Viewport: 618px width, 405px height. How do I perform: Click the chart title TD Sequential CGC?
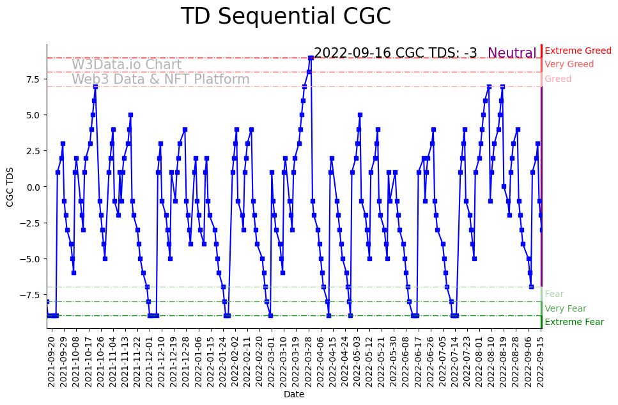tap(286, 17)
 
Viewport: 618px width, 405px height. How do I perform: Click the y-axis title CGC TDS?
tap(10, 186)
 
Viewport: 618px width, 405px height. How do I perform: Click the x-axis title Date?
tap(294, 395)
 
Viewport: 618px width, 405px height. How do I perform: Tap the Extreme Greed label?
tap(578, 51)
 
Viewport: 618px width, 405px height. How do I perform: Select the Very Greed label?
tap(569, 65)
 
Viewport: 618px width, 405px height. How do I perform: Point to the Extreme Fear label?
tap(574, 322)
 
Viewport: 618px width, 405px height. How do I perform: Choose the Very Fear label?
tap(565, 309)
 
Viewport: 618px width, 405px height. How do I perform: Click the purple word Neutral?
tap(512, 54)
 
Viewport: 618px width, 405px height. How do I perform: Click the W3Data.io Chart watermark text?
tap(127, 65)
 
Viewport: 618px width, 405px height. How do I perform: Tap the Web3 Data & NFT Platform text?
tap(160, 80)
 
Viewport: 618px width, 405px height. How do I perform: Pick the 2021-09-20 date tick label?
tap(52, 361)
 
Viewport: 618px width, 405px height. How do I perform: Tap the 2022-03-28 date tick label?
tap(311, 361)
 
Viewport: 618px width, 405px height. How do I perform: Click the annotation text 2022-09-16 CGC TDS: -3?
tap(396, 54)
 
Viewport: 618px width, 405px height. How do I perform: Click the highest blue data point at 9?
tap(311, 58)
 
